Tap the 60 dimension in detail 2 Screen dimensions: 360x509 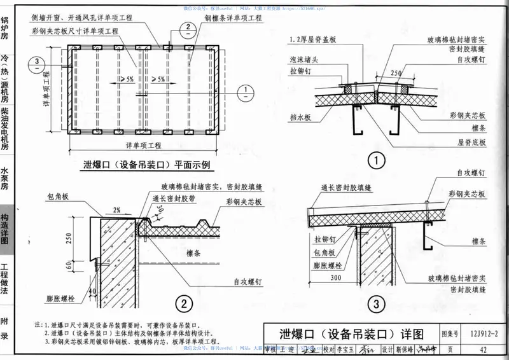click(69, 265)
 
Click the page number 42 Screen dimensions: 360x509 click(484, 349)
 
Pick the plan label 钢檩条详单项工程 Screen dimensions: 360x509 click(234, 19)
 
